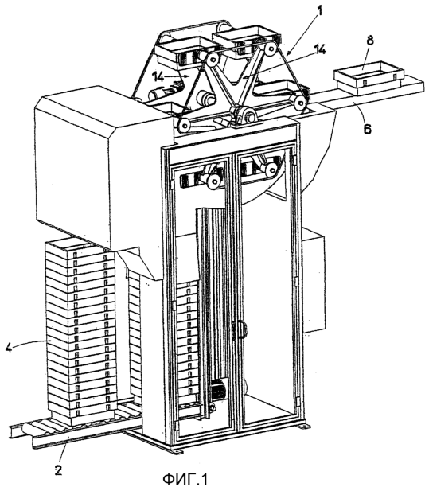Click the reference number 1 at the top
pyautogui.click(x=320, y=10)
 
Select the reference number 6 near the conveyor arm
pyautogui.click(x=367, y=127)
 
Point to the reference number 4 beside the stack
pyautogui.click(x=9, y=346)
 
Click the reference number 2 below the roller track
pyautogui.click(x=58, y=470)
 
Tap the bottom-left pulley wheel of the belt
pyautogui.click(x=184, y=126)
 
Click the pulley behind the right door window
pyautogui.click(x=270, y=170)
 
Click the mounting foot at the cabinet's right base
pyautogui.click(x=303, y=427)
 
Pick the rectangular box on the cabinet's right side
pyautogui.click(x=313, y=279)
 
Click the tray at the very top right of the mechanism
pyautogui.click(x=247, y=39)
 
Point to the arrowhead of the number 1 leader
pyautogui.click(x=288, y=53)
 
